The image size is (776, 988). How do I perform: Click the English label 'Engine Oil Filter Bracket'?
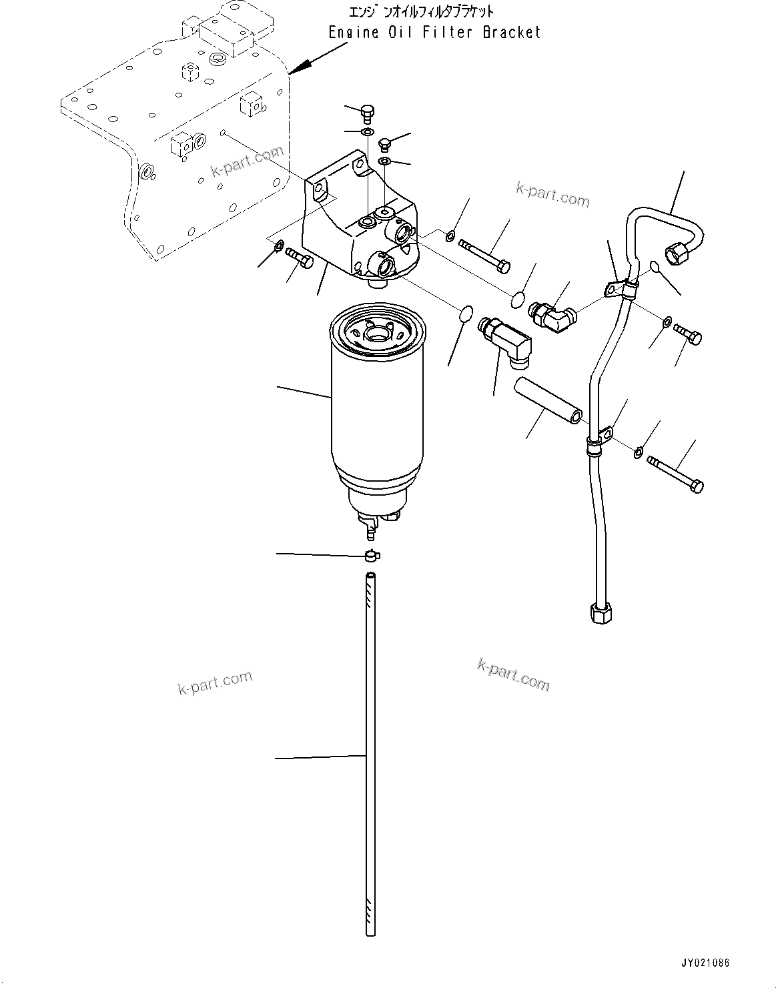point(434,32)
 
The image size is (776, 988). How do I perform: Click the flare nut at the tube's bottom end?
point(601,612)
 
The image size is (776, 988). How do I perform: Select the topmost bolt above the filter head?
point(368,113)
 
